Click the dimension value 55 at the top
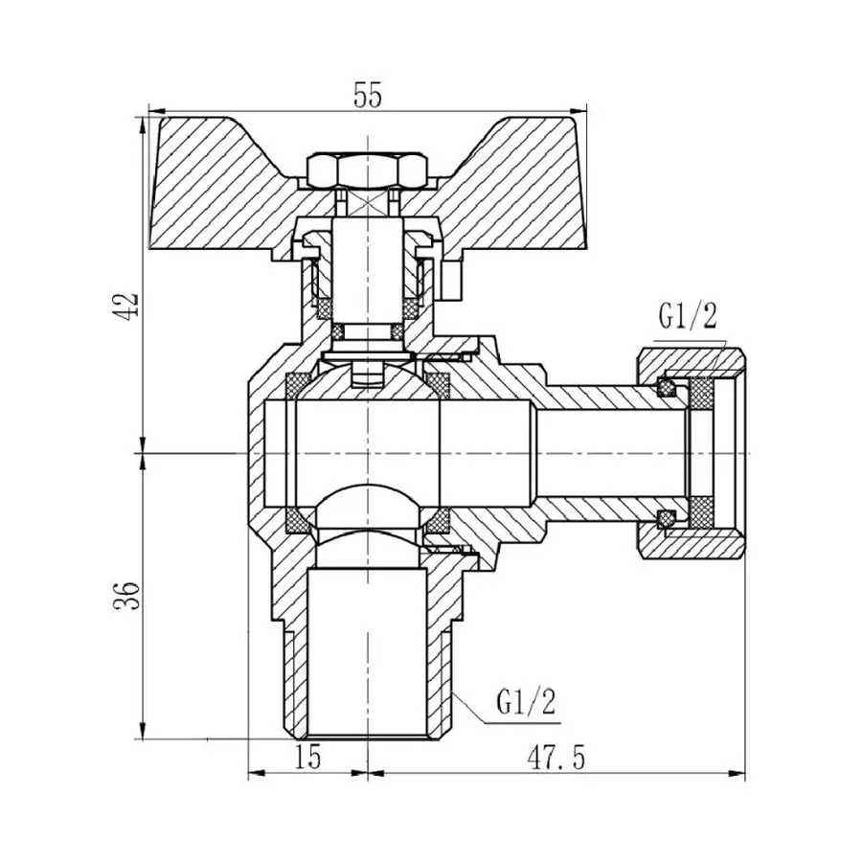pyautogui.click(x=368, y=96)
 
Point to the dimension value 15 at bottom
pyautogui.click(x=307, y=758)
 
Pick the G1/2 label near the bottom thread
pyautogui.click(x=525, y=704)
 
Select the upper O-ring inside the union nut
pyautogui.click(x=665, y=388)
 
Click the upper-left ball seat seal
pyautogui.click(x=298, y=385)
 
